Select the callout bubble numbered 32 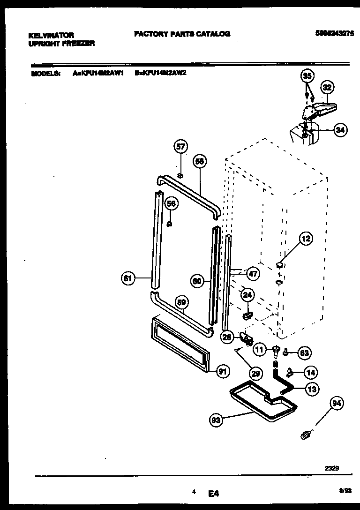pyautogui.click(x=327, y=87)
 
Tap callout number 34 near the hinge pyautogui.click(x=340, y=131)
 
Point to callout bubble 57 pyautogui.click(x=180, y=147)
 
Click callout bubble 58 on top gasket pyautogui.click(x=200, y=162)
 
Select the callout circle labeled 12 pyautogui.click(x=305, y=240)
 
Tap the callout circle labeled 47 pyautogui.click(x=253, y=273)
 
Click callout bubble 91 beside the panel pyautogui.click(x=223, y=372)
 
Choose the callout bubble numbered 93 pyautogui.click(x=216, y=420)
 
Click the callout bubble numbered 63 pyautogui.click(x=304, y=352)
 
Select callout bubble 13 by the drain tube pyautogui.click(x=311, y=388)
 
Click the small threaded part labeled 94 pyautogui.click(x=306, y=436)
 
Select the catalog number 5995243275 pyautogui.click(x=335, y=33)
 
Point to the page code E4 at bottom pyautogui.click(x=214, y=493)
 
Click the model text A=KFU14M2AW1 pyautogui.click(x=98, y=73)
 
